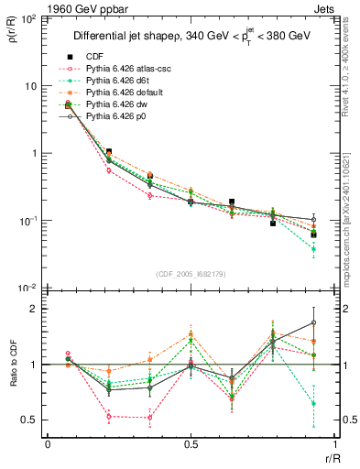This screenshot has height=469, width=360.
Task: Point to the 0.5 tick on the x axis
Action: click(x=191, y=444)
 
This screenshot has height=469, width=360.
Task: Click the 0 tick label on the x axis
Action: click(x=48, y=444)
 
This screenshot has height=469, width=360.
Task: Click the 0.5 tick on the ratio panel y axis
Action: click(x=31, y=420)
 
